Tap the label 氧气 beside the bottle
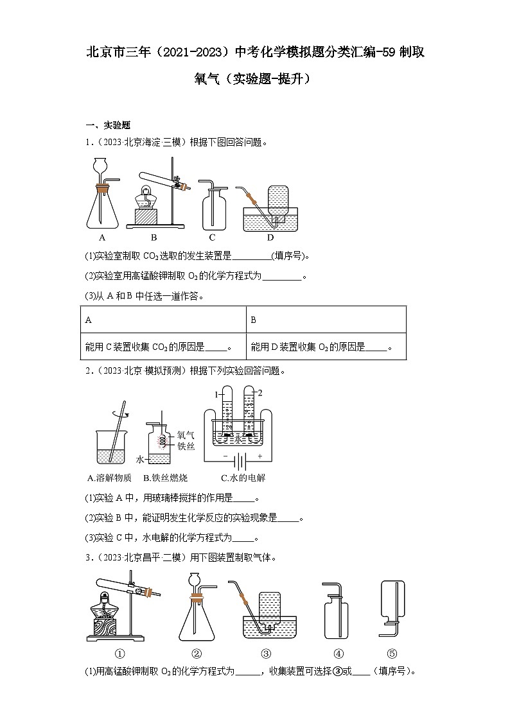[x=186, y=435]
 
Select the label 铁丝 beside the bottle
[x=186, y=446]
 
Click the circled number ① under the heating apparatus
[x=119, y=654]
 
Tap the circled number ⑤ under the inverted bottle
[x=392, y=654]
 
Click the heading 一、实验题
[x=108, y=125]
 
